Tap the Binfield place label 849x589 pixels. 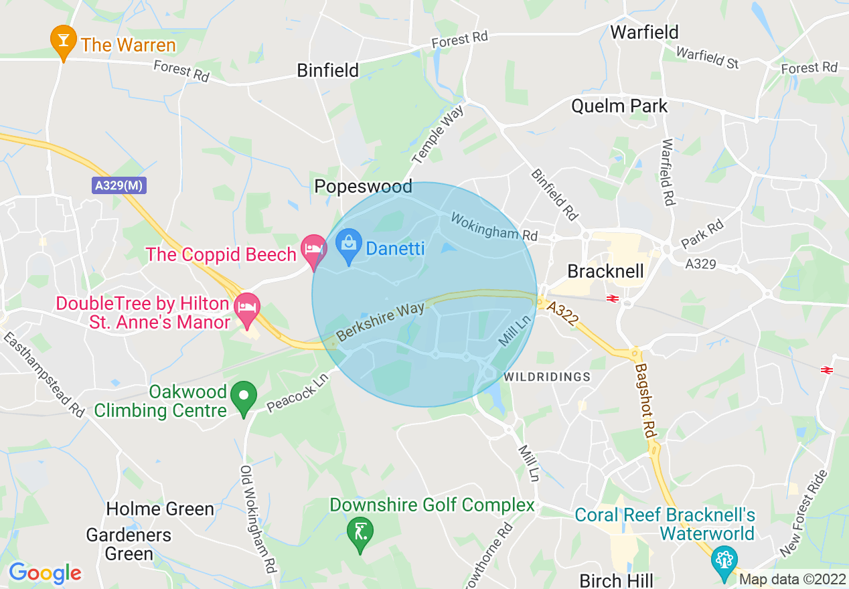pyautogui.click(x=328, y=70)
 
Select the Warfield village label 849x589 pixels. pyautogui.click(x=644, y=32)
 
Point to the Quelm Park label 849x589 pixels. pyautogui.click(x=619, y=106)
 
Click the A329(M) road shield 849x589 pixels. pyautogui.click(x=119, y=186)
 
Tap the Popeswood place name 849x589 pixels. pyautogui.click(x=364, y=187)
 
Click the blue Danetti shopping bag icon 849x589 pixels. pyautogui.click(x=348, y=244)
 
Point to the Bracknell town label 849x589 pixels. pyautogui.click(x=605, y=271)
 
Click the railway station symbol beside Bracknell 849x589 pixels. pyautogui.click(x=611, y=299)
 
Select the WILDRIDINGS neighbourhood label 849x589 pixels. pyautogui.click(x=547, y=377)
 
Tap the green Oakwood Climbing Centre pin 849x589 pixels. pyautogui.click(x=244, y=396)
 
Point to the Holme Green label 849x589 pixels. pyautogui.click(x=160, y=509)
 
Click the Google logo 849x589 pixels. pyautogui.click(x=45, y=573)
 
